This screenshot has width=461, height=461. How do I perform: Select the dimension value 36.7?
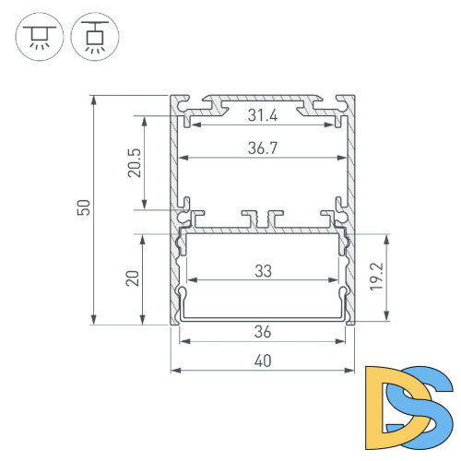click(264, 148)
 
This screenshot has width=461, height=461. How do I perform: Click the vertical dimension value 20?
click(134, 278)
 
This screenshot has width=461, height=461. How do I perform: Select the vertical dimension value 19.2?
click(394, 277)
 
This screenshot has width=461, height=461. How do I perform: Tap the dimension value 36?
click(264, 332)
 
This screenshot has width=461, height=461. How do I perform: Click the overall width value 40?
click(264, 361)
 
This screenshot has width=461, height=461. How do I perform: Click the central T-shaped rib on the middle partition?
click(270, 219)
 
